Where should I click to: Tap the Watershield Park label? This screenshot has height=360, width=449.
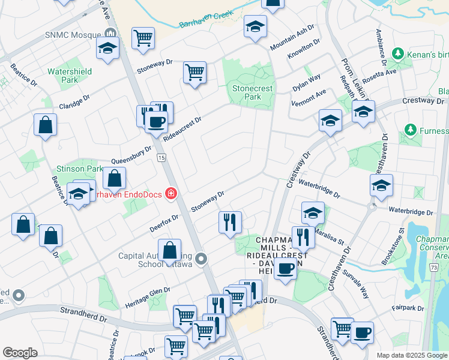[70, 76]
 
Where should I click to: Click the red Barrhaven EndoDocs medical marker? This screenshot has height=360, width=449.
[171, 193]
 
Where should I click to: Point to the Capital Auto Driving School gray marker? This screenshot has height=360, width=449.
[200, 259]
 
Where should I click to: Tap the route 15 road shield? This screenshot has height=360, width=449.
[161, 157]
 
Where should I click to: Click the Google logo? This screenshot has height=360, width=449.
[20, 352]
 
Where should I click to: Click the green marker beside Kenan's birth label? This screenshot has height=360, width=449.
[397, 55]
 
